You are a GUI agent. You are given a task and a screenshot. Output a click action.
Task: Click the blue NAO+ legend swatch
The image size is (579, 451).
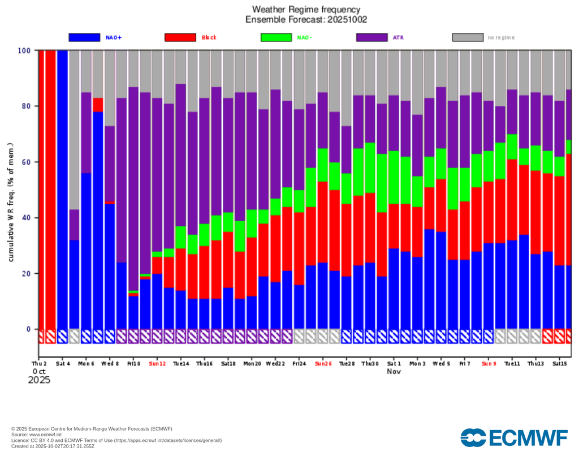point(84,37)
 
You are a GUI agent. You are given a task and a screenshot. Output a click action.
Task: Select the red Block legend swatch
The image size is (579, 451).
point(180,37)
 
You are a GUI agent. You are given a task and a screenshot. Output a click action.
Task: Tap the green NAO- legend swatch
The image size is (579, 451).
point(276,37)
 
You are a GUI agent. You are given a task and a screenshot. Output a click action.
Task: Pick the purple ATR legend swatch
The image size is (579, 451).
point(372,37)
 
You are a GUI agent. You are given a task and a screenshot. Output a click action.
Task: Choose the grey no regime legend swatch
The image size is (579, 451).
point(468,37)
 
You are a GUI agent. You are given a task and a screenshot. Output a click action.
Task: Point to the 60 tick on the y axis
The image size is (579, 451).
point(25,162)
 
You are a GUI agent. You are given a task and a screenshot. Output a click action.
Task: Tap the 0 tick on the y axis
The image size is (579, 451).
point(28,329)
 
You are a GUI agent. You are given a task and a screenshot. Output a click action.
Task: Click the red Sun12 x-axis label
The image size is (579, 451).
point(157,363)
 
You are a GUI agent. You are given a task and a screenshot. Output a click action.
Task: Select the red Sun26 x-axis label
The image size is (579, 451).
point(323,363)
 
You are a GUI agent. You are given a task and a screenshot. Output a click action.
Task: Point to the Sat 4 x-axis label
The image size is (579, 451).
point(63,363)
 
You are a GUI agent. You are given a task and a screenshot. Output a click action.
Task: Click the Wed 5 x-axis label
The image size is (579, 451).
point(441,363)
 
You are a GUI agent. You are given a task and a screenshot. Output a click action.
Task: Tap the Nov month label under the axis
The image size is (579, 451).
point(394,371)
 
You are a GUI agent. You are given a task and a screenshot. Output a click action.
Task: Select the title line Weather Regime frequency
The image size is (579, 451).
point(306,9)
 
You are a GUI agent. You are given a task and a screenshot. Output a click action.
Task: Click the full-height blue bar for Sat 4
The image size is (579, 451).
point(62,190)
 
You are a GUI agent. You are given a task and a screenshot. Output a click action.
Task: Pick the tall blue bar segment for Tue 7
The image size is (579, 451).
point(98,221)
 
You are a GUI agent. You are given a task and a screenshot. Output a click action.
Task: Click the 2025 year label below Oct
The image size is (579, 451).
point(39,380)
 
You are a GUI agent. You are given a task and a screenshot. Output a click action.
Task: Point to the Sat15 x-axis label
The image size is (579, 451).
point(560,363)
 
